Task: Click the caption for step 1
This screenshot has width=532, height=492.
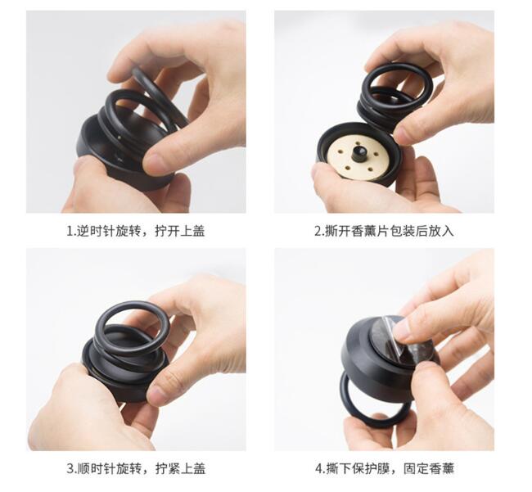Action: pos(136,231)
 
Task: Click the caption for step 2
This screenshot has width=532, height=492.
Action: pos(384,231)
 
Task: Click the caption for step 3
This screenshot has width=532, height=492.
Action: pos(136,468)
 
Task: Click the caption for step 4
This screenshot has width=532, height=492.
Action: pos(385,468)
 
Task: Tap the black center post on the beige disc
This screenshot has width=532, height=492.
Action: pos(359,155)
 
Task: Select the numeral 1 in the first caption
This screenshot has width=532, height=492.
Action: pos(70,232)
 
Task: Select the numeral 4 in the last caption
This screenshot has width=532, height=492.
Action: pos(319,469)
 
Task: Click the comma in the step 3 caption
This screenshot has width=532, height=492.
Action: pos(149,472)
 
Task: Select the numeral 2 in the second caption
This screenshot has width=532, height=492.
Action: pos(318,232)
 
